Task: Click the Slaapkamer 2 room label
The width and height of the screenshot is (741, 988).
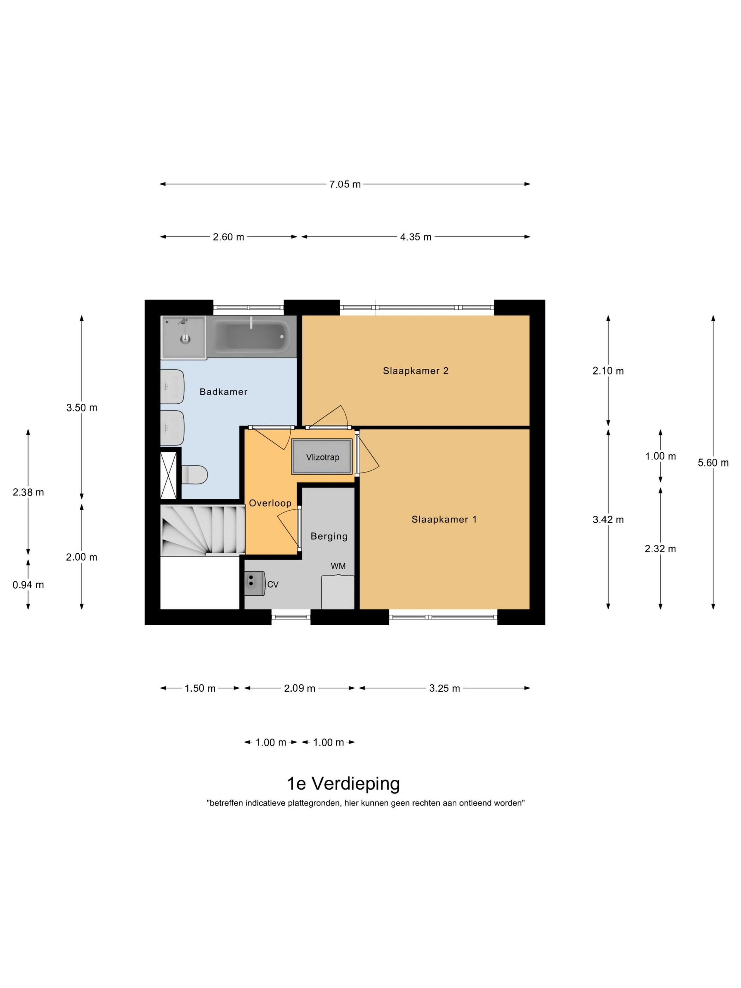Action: pos(415,371)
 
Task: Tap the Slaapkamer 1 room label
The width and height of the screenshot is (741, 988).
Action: pos(444,519)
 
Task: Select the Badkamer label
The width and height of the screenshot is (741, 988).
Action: pos(223,392)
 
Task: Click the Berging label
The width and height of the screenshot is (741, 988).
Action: pos(329,536)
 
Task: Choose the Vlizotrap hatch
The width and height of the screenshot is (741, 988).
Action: pos(322,457)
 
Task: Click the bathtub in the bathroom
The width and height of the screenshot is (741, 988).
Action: pos(252,337)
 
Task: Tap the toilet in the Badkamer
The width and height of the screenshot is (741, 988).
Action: pos(194,475)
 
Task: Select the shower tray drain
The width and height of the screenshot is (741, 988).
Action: pos(185,339)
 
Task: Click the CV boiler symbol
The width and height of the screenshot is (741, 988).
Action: pos(255,584)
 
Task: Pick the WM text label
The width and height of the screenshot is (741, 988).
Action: pos(338,566)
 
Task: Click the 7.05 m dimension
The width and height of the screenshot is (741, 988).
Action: pos(345,184)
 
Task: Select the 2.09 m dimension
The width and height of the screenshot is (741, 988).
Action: pos(300,688)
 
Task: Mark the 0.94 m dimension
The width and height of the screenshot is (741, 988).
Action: pos(28,585)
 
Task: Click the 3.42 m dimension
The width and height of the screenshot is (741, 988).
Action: pos(608,519)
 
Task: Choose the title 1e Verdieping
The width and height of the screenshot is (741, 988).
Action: pos(343,783)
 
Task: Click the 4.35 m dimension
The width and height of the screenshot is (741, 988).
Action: pos(416,237)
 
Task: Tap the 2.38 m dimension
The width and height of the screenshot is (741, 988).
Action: pos(28,492)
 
